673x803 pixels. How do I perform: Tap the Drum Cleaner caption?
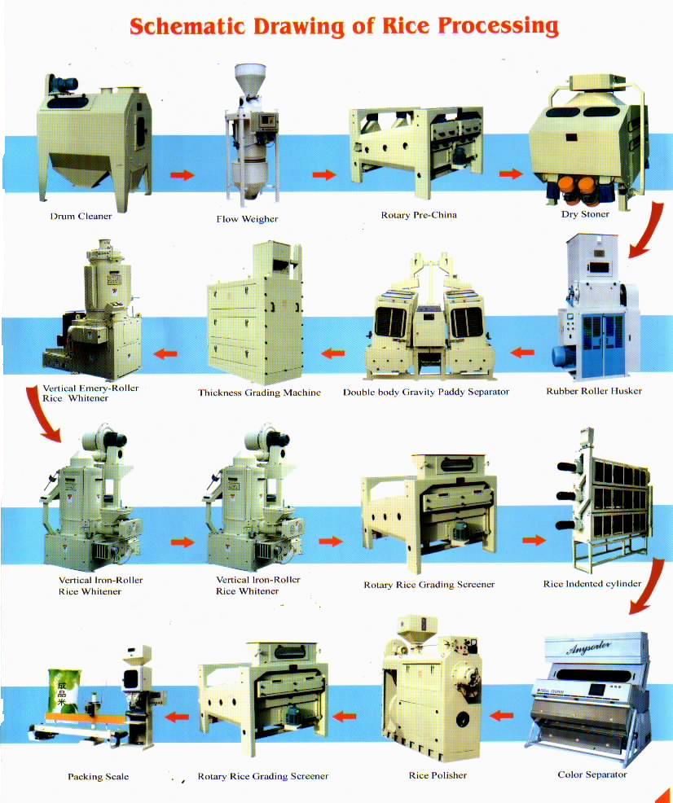[81, 216]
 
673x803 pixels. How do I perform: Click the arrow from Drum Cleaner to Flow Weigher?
[183, 175]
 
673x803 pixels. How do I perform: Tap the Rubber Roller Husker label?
[594, 391]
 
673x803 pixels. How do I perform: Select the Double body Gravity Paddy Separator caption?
[426, 393]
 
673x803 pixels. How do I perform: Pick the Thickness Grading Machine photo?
[254, 313]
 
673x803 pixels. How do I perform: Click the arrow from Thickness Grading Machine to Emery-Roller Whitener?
[166, 353]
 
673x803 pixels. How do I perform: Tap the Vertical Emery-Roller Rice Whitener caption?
[90, 393]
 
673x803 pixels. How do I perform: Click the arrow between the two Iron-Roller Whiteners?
[183, 542]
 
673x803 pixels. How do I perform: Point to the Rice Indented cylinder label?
[592, 584]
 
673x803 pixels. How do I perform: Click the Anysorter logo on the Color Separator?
[589, 647]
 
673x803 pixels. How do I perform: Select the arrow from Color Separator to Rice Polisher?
[501, 715]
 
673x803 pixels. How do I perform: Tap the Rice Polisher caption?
[438, 775]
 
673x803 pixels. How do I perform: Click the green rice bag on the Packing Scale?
[63, 691]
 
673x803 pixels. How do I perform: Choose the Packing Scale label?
[99, 776]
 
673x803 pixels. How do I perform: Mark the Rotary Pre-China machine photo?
[416, 152]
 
